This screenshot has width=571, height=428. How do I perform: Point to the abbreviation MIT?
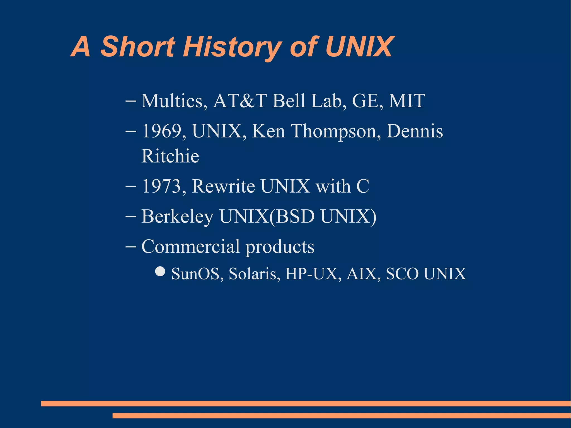coord(407,101)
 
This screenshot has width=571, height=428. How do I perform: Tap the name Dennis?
coord(415,131)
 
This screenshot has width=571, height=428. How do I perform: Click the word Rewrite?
coord(223,186)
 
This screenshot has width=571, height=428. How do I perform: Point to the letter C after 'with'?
coord(363,186)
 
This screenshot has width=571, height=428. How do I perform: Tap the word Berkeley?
coord(178,217)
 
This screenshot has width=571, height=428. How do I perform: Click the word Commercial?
coord(191,246)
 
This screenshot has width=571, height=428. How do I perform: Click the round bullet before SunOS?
coord(160,271)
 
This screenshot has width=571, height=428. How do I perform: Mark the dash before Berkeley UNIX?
coord(131,217)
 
